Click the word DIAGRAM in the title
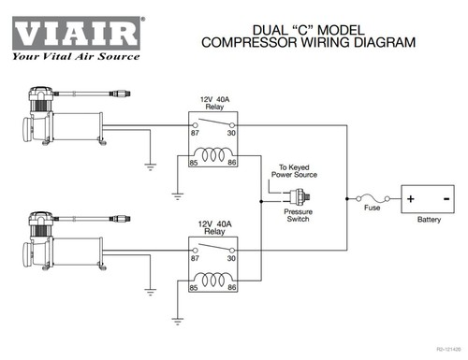(385, 42)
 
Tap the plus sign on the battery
(411, 198)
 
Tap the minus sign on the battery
(446, 198)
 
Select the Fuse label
(372, 208)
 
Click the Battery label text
(429, 220)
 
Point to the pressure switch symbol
(300, 196)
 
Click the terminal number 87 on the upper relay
(195, 133)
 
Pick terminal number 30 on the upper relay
(231, 133)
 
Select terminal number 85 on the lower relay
(194, 287)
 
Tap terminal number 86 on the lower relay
(231, 287)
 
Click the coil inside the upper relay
(213, 154)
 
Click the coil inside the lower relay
(213, 280)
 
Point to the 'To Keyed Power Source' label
(294, 171)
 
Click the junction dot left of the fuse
(347, 198)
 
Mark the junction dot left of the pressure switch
(261, 202)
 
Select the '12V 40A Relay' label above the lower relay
(214, 228)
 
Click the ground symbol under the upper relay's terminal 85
(177, 196)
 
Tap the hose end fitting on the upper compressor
(120, 94)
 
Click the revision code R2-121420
(448, 350)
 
